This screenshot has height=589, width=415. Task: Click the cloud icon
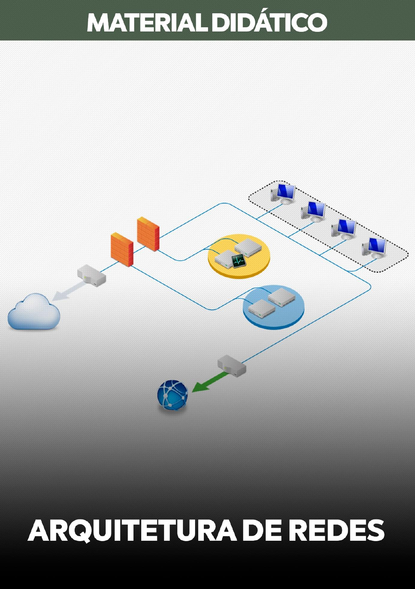point(34,312)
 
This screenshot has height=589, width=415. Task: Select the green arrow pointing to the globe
point(208,382)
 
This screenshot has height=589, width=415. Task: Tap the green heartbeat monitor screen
point(238,261)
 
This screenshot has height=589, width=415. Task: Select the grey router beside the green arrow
point(232,366)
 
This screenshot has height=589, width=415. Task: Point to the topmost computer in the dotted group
point(284,193)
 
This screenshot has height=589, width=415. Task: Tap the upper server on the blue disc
point(281,297)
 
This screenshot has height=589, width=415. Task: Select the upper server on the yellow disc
point(248,246)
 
